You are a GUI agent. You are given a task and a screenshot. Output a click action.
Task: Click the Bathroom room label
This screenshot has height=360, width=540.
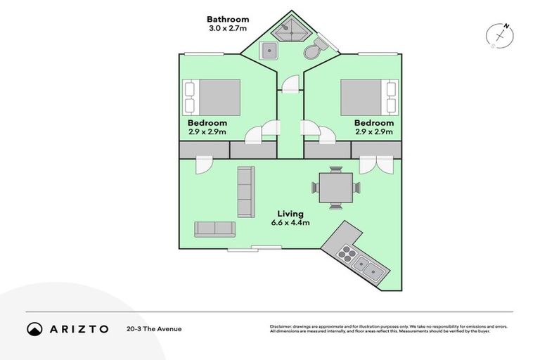227,19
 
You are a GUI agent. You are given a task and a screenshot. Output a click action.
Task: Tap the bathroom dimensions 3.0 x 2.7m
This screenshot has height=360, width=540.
227,30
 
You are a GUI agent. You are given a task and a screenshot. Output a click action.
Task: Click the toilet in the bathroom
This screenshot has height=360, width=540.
314,48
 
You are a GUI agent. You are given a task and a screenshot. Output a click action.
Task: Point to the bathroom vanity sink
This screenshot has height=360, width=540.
269,50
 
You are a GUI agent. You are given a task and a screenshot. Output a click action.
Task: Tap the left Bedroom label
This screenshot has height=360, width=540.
207,122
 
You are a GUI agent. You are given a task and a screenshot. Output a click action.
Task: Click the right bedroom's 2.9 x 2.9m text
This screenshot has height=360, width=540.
373,131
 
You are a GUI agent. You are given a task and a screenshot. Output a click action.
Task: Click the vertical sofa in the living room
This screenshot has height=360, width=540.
245,191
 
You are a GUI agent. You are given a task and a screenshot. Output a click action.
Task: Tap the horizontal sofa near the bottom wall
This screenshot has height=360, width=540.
214,229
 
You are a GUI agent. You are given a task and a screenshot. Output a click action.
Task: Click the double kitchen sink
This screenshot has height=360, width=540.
368,267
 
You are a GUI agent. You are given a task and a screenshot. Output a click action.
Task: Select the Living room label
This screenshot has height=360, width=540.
290,213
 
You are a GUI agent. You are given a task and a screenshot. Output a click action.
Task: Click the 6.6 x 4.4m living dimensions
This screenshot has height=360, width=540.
290,223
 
